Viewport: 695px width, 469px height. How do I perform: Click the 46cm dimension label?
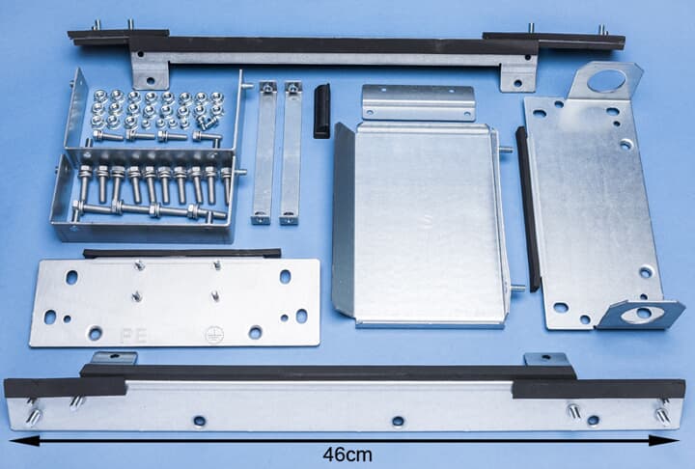click(x=347, y=455)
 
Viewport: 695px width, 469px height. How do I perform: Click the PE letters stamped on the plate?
click(x=133, y=336)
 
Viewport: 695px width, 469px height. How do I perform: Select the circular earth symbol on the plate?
click(x=214, y=335)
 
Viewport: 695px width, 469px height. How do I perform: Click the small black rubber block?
click(x=321, y=111)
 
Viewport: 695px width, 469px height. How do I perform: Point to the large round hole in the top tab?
click(x=606, y=81)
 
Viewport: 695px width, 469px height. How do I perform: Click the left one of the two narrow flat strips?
click(x=264, y=152)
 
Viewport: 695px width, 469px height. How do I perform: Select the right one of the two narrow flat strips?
click(x=291, y=152)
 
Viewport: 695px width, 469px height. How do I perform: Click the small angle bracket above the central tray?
click(x=418, y=102)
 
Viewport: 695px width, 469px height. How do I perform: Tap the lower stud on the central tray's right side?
click(x=516, y=289)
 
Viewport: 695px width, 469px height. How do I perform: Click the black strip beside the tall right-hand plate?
click(x=527, y=209)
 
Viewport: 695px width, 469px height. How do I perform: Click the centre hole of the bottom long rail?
click(x=398, y=421)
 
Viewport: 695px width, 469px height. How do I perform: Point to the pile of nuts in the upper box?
click(x=156, y=109)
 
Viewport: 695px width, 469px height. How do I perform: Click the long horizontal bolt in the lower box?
click(x=150, y=209)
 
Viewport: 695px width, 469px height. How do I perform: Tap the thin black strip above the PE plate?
click(x=181, y=253)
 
